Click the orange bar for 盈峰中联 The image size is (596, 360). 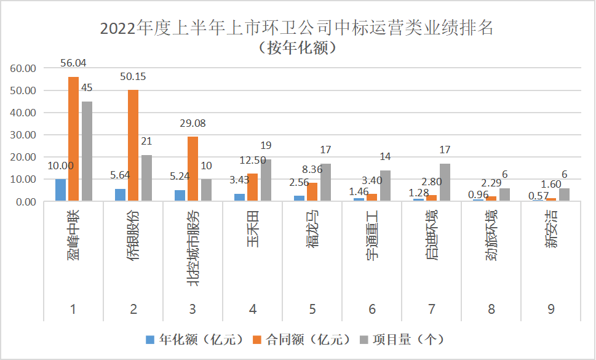(73, 139)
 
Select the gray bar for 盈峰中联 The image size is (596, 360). (87, 151)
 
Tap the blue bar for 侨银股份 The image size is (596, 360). (120, 195)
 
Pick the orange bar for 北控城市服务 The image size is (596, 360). (193, 169)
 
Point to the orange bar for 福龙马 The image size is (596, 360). (312, 192)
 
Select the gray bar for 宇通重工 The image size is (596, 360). (385, 185)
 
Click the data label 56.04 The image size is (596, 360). (74, 63)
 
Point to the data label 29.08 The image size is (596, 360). (193, 123)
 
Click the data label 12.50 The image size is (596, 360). (253, 160)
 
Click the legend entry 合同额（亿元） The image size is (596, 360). (301, 339)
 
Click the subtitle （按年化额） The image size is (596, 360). (297, 48)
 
